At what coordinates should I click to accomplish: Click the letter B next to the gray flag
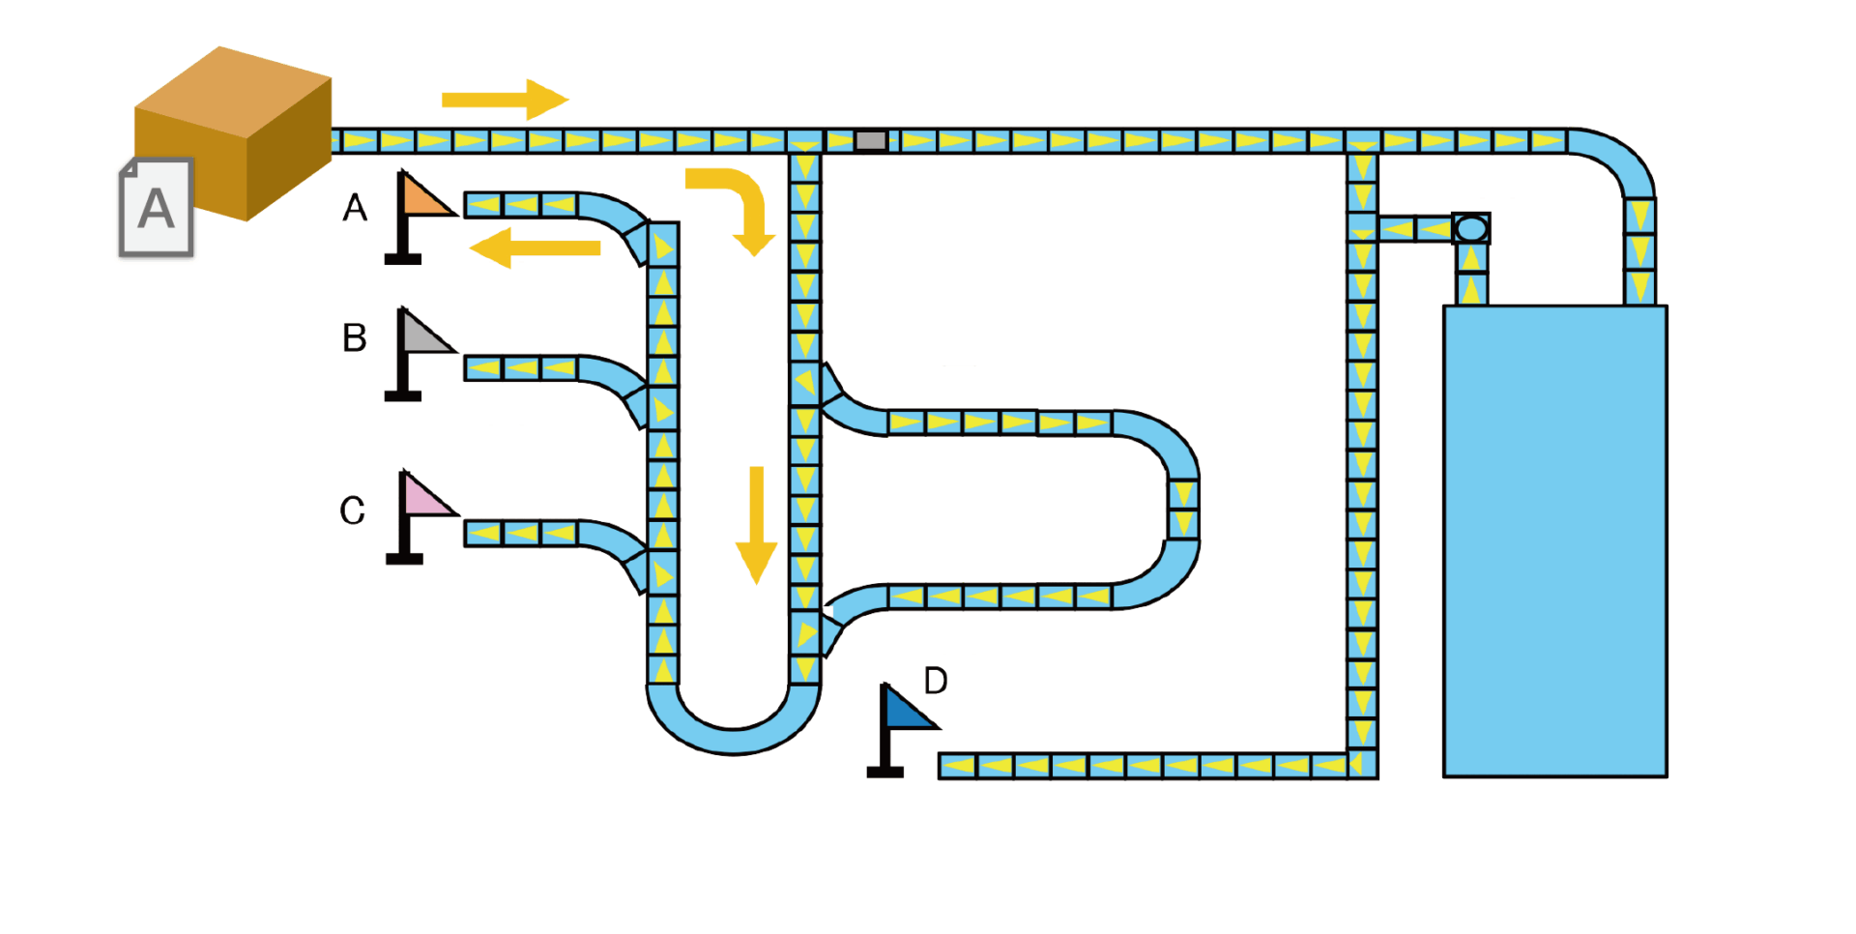click(355, 337)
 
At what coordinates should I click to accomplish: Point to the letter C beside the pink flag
click(353, 511)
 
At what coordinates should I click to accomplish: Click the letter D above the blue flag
click(936, 681)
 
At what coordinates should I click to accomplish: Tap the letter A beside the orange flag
click(355, 207)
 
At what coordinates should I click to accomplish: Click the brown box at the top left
click(233, 133)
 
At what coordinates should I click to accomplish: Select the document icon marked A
click(157, 208)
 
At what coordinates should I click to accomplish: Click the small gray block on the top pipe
click(871, 141)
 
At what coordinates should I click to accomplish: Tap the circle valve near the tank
click(1471, 229)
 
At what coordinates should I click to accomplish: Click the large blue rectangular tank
click(1555, 541)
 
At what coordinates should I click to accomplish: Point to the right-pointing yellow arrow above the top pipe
click(506, 100)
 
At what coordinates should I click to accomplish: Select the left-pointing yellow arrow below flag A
click(535, 248)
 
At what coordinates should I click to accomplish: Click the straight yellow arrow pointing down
click(756, 526)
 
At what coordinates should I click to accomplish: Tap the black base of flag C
click(404, 559)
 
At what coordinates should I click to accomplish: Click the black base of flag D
click(884, 773)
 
